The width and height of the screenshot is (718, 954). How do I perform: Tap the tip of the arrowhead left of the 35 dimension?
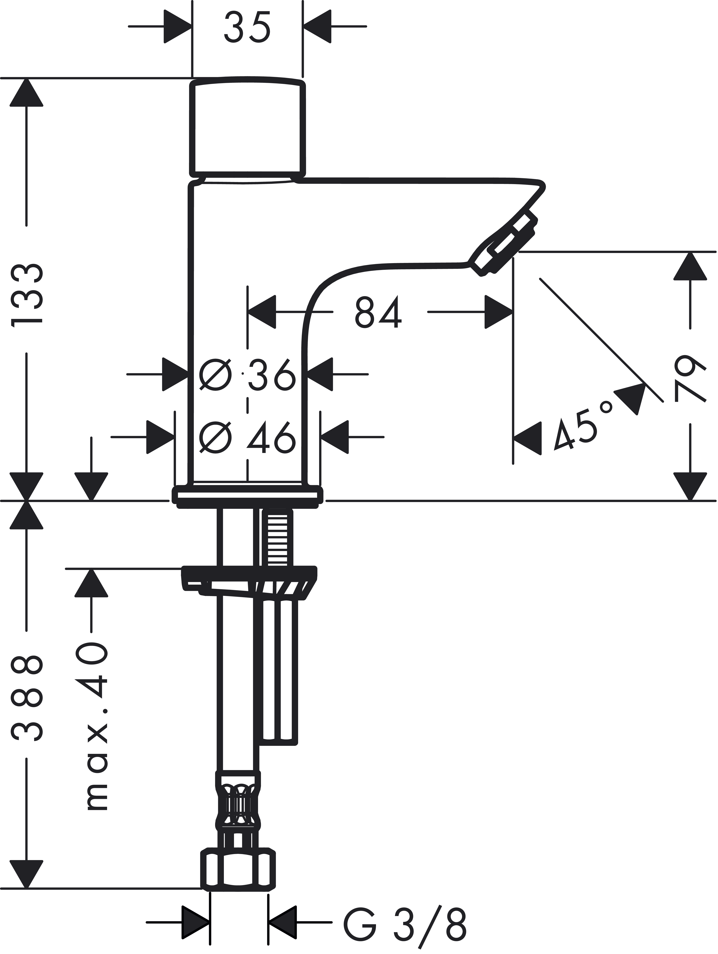coord(192,26)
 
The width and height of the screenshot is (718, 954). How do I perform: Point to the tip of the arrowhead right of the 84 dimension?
coord(513,311)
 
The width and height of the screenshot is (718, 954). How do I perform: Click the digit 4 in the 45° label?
coord(563,436)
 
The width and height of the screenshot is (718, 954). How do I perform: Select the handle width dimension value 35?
coord(247,27)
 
